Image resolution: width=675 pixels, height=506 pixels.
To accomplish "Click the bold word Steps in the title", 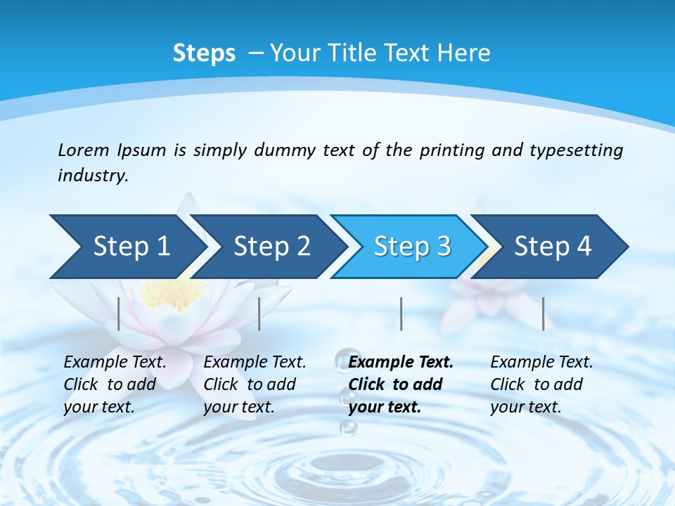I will [204, 53].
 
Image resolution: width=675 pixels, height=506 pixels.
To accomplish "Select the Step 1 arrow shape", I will [127, 247].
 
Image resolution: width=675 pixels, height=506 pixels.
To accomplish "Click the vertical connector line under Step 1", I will [119, 313].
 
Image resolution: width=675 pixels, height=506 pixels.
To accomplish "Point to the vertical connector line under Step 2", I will [259, 313].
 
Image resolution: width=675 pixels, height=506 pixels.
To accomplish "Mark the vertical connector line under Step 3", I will [401, 313].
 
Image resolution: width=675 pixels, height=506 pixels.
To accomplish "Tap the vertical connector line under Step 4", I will [544, 313].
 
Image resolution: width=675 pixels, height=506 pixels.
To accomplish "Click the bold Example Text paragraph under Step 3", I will [401, 384].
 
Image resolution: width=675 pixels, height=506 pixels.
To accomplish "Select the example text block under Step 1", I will [115, 384].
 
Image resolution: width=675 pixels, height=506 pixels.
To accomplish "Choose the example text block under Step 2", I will [255, 384].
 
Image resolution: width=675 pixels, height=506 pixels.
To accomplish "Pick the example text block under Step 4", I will [541, 384].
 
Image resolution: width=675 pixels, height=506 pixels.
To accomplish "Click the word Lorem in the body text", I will [84, 150].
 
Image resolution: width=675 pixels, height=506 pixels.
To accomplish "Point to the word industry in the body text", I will [93, 175].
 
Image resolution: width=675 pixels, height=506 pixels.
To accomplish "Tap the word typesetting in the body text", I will [576, 150].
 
